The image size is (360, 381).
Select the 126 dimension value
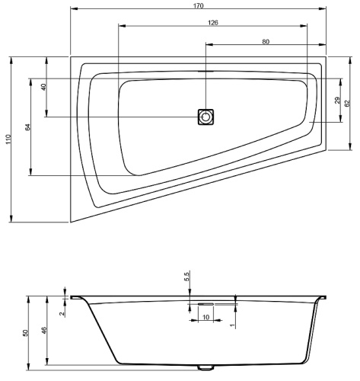tap(213, 23)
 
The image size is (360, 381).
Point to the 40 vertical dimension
tap(44, 87)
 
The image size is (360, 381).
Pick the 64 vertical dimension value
tap(27, 126)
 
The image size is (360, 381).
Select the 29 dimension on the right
tap(338, 101)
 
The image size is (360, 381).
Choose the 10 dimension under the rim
tap(206, 315)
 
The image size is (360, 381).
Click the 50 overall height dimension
tap(25, 333)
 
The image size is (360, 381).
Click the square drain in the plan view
tap(205, 117)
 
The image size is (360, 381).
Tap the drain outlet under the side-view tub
tap(205, 367)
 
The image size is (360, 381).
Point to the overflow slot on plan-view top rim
tap(203, 72)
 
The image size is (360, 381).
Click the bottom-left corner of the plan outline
tap(71, 222)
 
